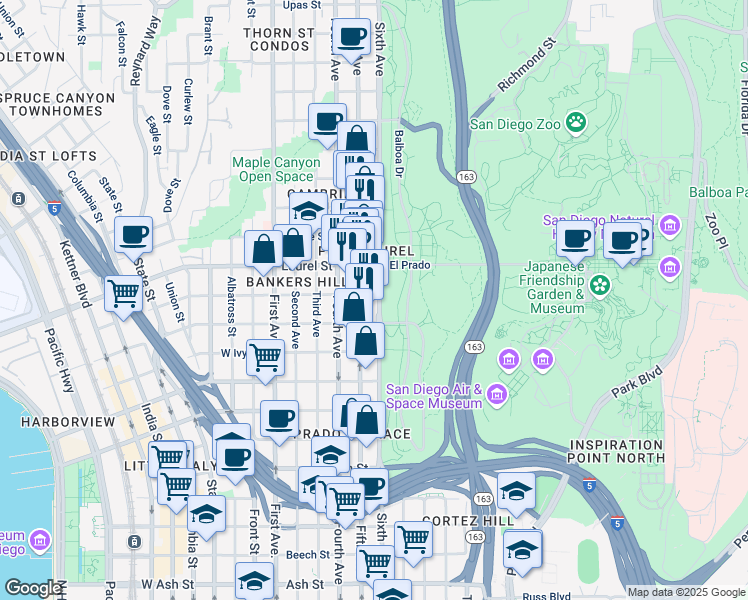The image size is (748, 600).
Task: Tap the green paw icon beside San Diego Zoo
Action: (x=576, y=123)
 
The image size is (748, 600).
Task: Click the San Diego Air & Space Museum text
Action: (x=434, y=396)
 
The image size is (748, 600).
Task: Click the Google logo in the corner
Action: (x=33, y=588)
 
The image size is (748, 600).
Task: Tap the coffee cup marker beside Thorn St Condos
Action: (x=351, y=39)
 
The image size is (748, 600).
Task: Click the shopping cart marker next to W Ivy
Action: (x=265, y=357)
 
